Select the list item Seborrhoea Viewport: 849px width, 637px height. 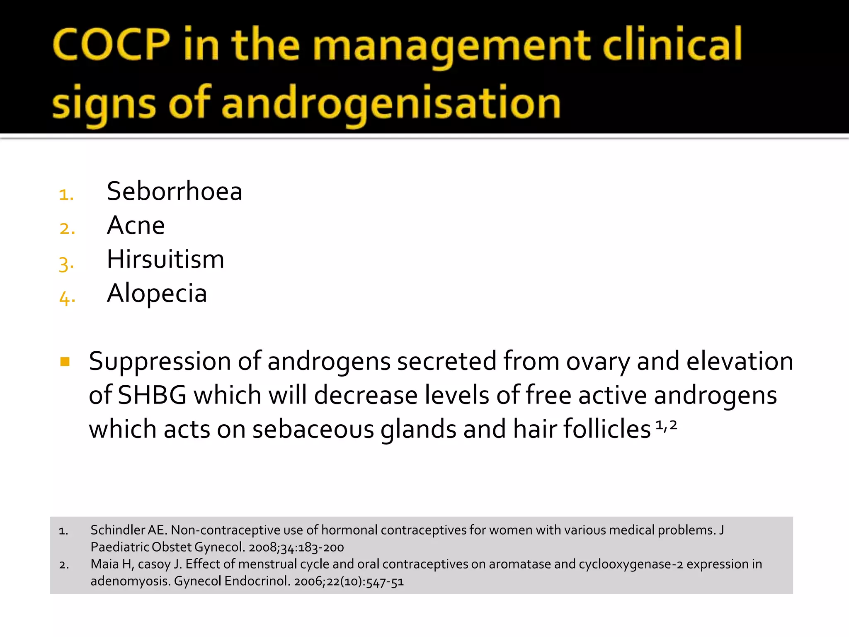click(175, 191)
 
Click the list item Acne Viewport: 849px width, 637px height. click(136, 225)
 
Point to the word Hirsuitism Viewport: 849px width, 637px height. click(165, 259)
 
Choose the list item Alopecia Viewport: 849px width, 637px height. click(157, 293)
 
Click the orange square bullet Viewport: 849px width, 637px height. click(65, 362)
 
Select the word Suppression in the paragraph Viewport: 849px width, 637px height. click(160, 361)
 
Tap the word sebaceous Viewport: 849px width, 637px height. click(313, 429)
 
